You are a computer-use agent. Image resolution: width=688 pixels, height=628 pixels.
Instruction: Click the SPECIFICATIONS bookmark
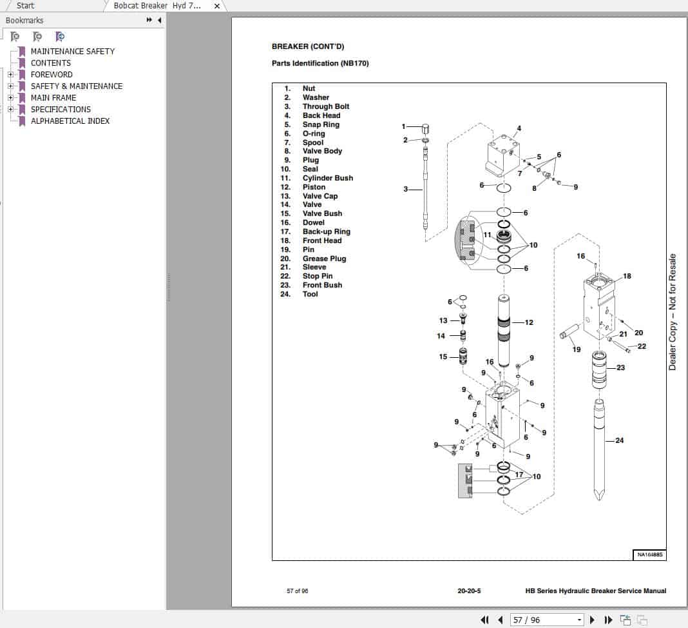click(61, 109)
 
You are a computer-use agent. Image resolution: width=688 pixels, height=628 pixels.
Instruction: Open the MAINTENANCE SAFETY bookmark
click(72, 51)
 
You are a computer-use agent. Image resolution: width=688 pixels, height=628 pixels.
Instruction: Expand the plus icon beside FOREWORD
click(10, 75)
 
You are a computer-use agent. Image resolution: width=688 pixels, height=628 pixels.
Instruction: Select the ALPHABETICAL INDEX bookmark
click(70, 121)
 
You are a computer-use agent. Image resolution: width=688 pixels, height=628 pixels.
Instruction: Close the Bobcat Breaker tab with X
click(217, 6)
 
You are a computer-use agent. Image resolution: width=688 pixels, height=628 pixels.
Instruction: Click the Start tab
click(26, 6)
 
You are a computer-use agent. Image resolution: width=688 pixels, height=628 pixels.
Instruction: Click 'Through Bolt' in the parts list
click(325, 106)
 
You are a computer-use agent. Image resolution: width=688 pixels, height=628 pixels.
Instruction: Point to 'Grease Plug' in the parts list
click(324, 259)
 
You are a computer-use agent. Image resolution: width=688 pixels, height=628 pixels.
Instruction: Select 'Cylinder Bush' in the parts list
click(327, 178)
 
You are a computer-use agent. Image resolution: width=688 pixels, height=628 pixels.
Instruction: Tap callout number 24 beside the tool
click(619, 441)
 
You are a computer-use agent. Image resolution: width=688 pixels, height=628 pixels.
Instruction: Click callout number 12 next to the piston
click(529, 322)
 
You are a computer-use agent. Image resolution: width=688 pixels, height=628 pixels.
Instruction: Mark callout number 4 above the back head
click(519, 128)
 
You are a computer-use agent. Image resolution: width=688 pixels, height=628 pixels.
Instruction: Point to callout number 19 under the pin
click(577, 349)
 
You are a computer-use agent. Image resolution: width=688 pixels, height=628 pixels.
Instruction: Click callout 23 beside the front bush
click(620, 368)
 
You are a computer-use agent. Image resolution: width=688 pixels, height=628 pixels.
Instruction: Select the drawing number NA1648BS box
click(650, 554)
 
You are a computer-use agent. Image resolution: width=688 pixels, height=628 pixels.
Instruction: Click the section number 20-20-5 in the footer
click(469, 591)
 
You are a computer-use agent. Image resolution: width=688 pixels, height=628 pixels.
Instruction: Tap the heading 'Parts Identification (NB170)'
click(320, 63)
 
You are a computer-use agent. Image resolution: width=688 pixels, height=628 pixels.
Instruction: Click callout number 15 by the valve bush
click(443, 357)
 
